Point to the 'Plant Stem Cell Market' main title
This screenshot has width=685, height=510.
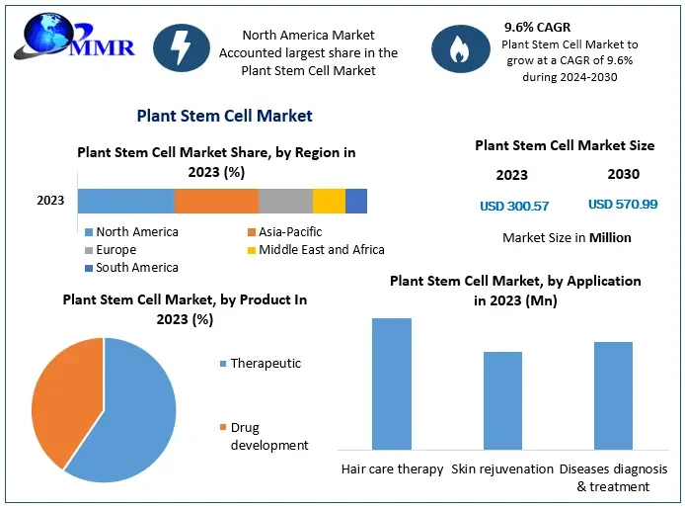click(224, 116)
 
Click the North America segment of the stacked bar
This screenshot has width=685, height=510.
click(126, 201)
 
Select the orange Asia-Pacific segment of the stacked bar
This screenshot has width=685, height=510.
click(216, 201)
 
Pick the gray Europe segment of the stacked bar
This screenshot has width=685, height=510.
click(285, 201)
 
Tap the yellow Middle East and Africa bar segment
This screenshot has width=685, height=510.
click(329, 201)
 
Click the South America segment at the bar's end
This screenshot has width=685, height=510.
click(356, 201)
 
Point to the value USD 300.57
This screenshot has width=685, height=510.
click(513, 206)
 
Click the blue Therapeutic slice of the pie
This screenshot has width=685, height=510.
click(128, 415)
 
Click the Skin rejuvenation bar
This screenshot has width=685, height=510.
click(502, 400)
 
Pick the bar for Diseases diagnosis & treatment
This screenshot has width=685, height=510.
click(613, 395)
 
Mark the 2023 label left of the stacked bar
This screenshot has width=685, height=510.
click(50, 201)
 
